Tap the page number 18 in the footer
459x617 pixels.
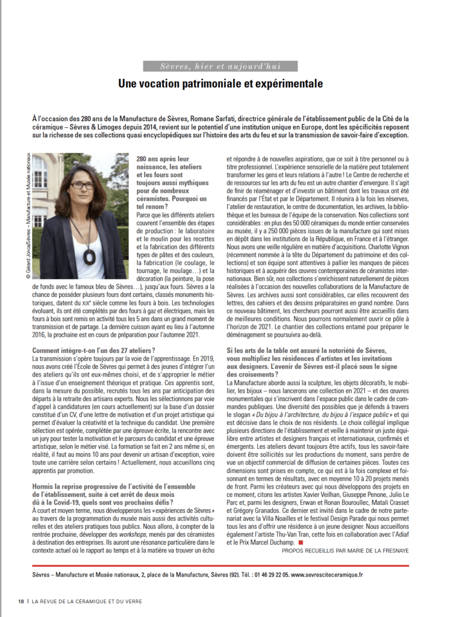pos(20,601)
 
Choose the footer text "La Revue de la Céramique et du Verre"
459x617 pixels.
pos(87,601)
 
